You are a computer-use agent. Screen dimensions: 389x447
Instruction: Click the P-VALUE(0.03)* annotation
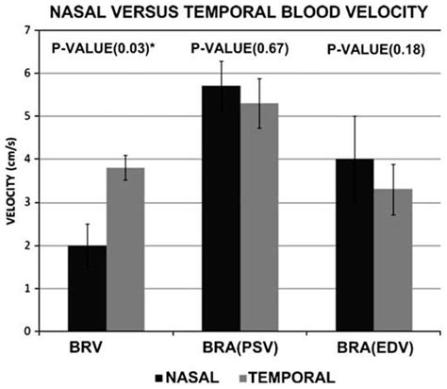coord(101,46)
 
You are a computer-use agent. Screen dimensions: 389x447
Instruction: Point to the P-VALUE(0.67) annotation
coord(236,47)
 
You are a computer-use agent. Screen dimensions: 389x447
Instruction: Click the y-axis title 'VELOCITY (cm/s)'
coord(13,179)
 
